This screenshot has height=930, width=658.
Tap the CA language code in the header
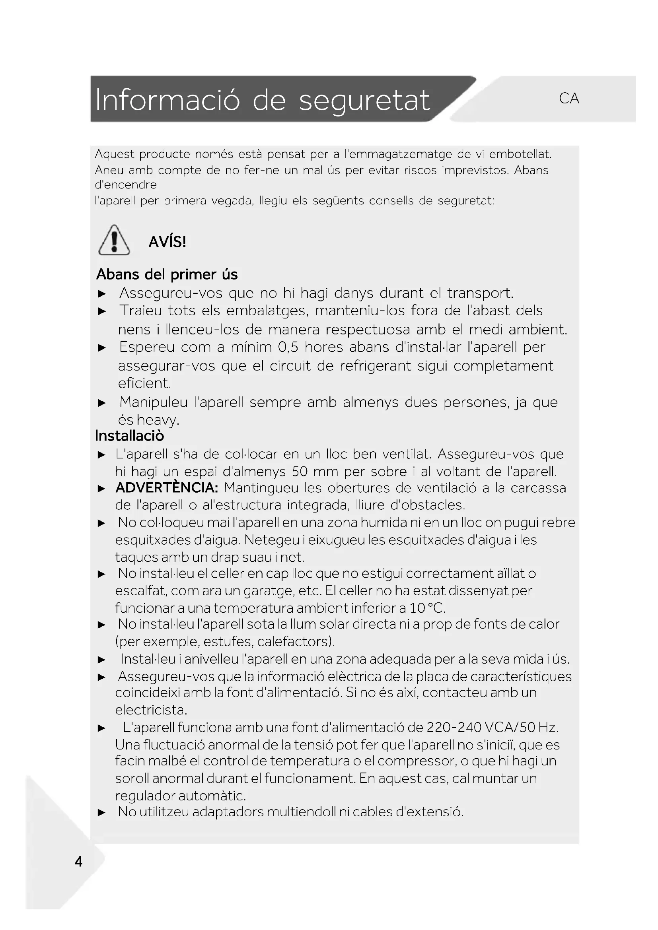(568, 99)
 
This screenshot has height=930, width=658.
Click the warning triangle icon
(114, 240)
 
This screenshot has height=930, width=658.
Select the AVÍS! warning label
(167, 242)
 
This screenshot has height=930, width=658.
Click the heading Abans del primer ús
(167, 274)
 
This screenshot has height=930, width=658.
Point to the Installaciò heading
(129, 436)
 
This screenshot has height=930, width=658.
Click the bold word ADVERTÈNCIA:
(167, 488)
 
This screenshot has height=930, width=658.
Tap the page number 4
(79, 862)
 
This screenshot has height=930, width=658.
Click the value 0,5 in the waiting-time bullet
(288, 347)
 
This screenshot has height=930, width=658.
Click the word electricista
(151, 710)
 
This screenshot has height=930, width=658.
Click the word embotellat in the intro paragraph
(520, 154)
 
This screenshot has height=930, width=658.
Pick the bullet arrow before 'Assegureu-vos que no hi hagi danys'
(102, 294)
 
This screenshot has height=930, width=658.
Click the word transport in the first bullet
(480, 293)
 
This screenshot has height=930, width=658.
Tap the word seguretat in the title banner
(364, 101)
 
